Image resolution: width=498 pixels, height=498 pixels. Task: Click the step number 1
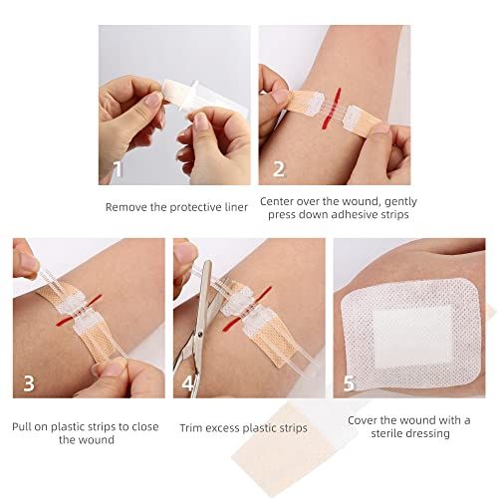tap(119, 169)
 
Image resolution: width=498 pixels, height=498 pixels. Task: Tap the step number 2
tap(279, 169)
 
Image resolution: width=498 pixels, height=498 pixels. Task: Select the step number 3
tap(29, 382)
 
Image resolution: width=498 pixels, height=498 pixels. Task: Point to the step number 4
tap(188, 383)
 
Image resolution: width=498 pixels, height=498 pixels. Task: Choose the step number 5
tap(349, 383)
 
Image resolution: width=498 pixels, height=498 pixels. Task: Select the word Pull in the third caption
tap(21, 426)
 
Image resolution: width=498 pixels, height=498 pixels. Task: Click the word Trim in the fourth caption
tap(190, 428)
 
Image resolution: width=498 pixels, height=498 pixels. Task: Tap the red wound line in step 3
tap(79, 310)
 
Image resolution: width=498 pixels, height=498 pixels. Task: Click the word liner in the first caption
tap(235, 207)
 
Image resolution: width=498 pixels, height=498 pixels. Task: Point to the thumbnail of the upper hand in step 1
tap(151, 99)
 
